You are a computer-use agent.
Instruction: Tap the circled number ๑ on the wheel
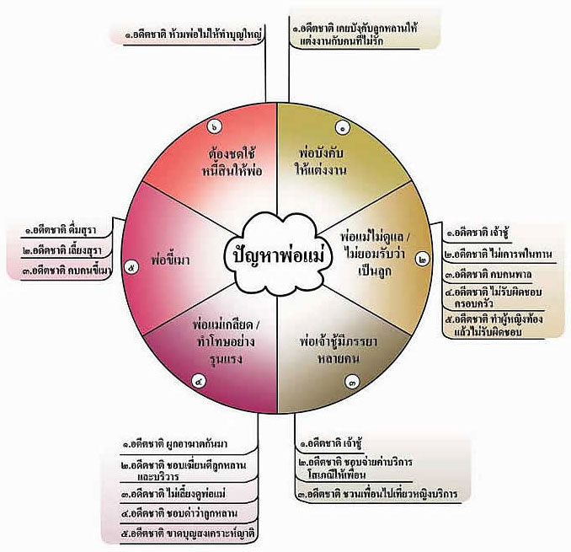(x=344, y=128)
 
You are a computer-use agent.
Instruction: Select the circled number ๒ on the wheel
(x=422, y=260)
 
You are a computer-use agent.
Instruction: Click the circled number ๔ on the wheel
(x=199, y=381)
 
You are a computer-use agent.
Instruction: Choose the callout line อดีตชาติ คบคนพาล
(x=488, y=274)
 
